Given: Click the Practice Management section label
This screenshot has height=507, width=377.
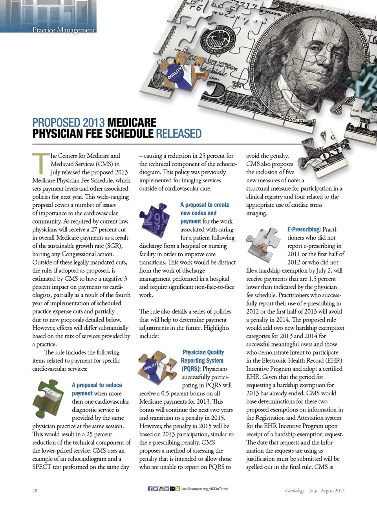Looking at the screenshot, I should (64, 30).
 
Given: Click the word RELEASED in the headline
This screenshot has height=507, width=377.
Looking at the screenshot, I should (179, 134).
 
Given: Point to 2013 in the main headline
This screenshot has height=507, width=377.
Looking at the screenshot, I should (93, 122).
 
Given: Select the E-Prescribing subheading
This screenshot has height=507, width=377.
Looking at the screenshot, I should (304, 229).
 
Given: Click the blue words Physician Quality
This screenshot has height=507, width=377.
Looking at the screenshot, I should (203, 352).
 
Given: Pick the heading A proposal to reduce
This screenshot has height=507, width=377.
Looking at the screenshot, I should (97, 385).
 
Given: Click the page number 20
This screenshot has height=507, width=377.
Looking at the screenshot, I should (35, 490).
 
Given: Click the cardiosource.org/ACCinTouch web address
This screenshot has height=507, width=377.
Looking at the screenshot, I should (205, 489).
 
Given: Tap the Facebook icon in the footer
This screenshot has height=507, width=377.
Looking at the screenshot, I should (150, 489).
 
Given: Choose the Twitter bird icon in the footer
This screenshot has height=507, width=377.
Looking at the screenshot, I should (156, 489).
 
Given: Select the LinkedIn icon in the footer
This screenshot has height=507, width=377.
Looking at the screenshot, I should (167, 489).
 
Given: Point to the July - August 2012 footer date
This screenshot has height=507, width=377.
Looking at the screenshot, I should (327, 490).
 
